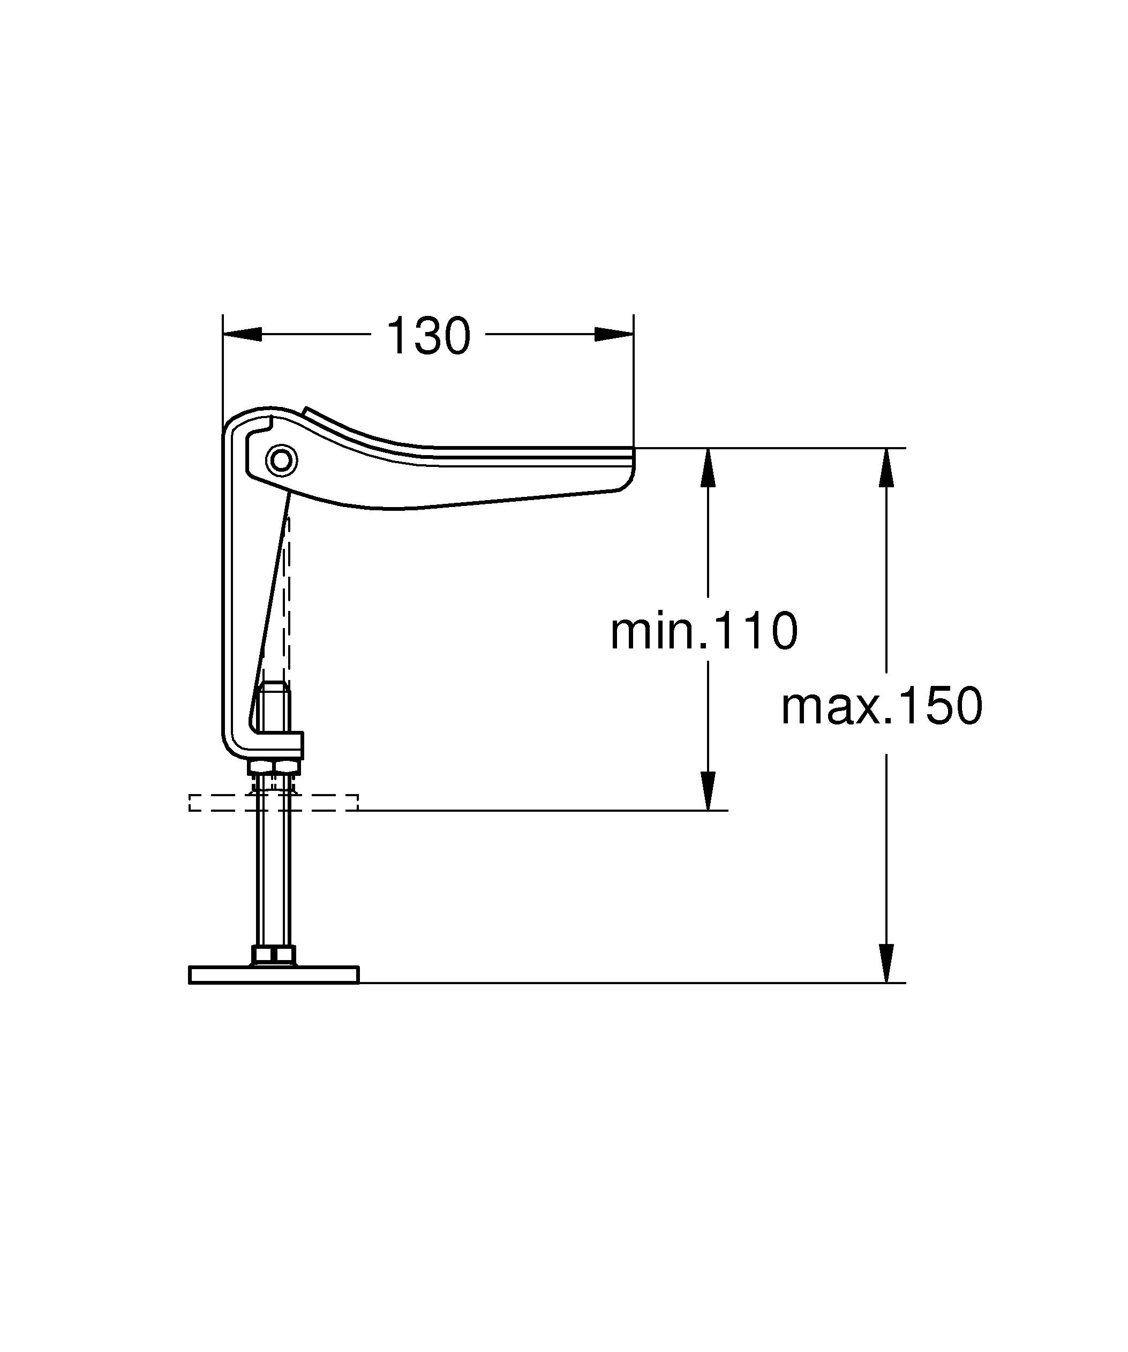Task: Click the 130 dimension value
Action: pyautogui.click(x=428, y=337)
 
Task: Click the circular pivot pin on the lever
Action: pyautogui.click(x=281, y=459)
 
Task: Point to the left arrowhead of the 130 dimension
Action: pyautogui.click(x=243, y=334)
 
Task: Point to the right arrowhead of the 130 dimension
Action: pyautogui.click(x=614, y=334)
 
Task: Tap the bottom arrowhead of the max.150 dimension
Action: pyautogui.click(x=887, y=964)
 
